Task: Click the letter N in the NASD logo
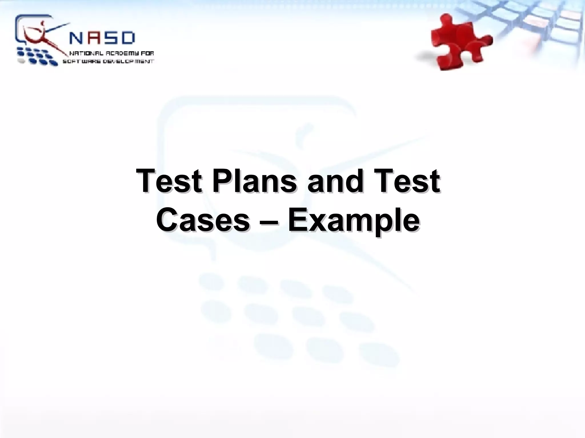(76, 38)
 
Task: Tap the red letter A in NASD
(96, 38)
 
